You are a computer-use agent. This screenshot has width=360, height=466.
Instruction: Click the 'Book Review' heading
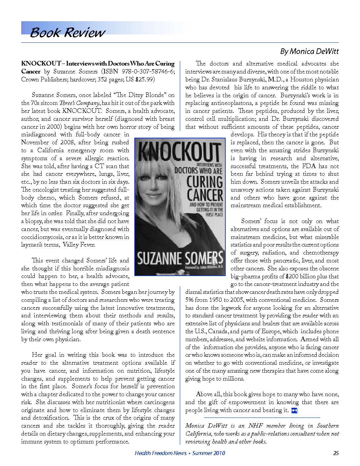(x=67, y=32)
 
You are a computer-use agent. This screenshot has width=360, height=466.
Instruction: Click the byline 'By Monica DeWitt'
(x=309, y=51)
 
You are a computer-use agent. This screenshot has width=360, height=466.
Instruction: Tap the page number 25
(x=336, y=453)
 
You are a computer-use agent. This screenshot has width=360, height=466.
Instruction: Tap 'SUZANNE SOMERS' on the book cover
(x=180, y=258)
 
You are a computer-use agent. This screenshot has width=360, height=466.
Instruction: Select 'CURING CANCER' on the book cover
(x=205, y=188)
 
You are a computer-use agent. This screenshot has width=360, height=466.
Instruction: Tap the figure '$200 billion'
(x=301, y=276)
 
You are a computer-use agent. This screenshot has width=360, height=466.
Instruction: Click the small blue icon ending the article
(x=294, y=411)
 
